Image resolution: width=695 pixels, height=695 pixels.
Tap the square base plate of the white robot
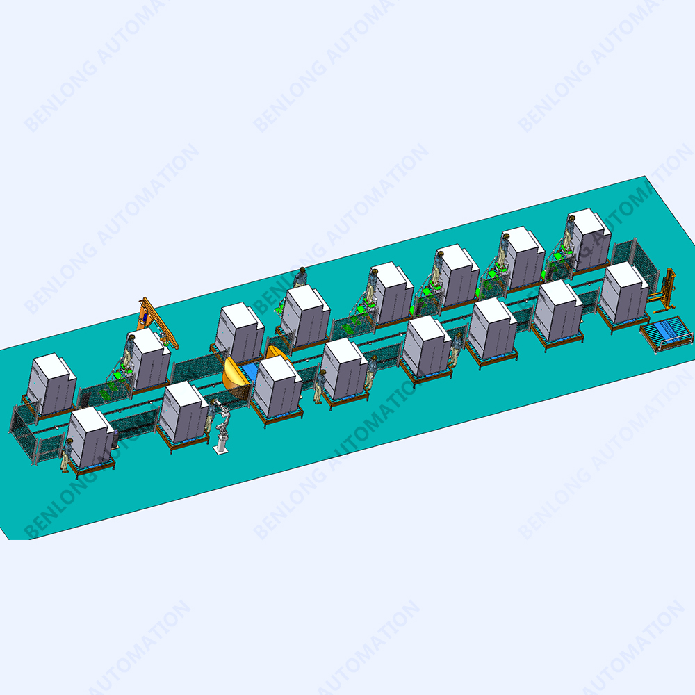(x=221, y=450)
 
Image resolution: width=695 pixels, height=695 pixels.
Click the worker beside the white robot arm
(x=212, y=416)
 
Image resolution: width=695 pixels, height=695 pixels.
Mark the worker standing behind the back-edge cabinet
(x=300, y=278)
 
